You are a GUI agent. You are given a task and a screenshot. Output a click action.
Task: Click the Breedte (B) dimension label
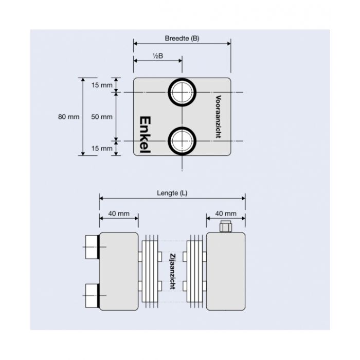tap(182, 39)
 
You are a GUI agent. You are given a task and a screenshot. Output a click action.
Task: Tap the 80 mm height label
tap(69, 117)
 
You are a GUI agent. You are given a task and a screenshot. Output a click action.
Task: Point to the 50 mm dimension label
tap(101, 117)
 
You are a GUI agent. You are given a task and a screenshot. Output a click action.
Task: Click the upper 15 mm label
tap(101, 85)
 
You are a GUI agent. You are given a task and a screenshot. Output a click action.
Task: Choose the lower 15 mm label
tap(101, 148)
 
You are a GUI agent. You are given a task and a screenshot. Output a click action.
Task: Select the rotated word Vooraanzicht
tap(218, 116)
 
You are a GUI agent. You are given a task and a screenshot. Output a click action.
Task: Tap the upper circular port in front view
tap(182, 93)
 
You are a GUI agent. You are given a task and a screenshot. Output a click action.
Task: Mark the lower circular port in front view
tap(182, 140)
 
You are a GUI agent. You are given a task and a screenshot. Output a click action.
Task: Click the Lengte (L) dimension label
tap(172, 193)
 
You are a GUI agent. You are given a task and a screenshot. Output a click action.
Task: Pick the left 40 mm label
tap(119, 213)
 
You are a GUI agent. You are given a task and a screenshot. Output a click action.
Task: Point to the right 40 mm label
tap(225, 213)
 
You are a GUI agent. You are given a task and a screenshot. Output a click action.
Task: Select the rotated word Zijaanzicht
tap(172, 271)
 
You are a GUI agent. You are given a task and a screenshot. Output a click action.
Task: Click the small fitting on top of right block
tap(225, 226)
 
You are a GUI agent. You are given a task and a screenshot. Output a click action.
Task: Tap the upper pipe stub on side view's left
tap(91, 247)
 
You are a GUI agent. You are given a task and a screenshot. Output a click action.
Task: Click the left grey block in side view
tap(119, 272)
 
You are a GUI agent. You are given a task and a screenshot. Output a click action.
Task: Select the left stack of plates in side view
tap(151, 272)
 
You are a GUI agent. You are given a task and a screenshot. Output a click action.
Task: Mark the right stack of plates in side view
tap(194, 272)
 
